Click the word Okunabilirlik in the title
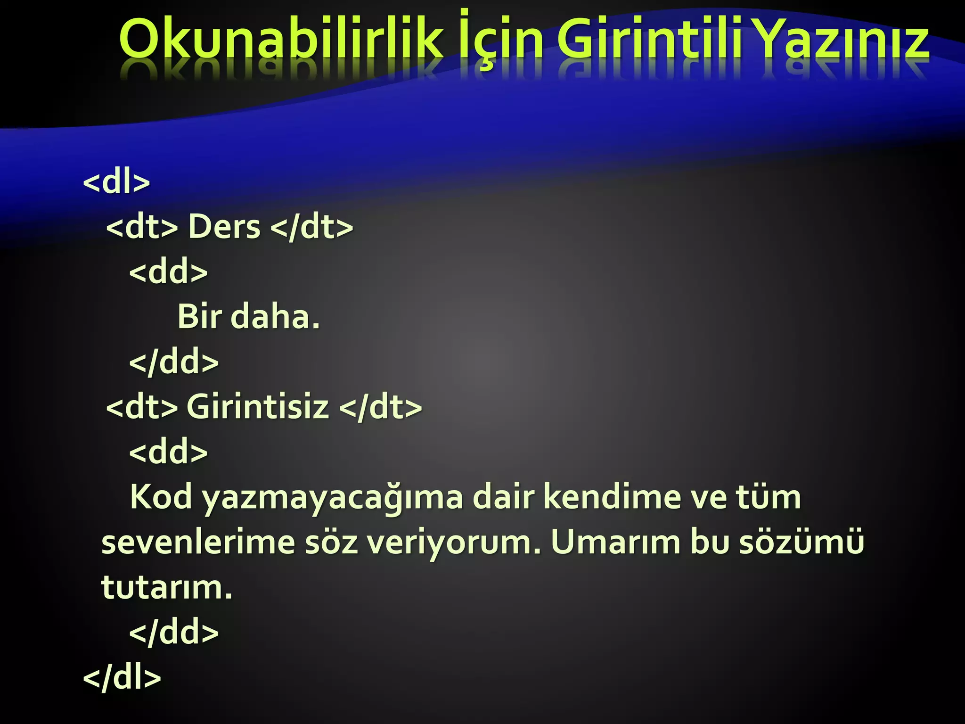coord(281,40)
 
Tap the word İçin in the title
coord(500,40)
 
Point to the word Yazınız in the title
coord(843,40)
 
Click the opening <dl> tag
coord(116,181)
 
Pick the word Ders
coord(224,227)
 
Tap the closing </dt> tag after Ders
coord(312,227)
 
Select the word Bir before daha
coord(199,316)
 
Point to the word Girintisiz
coord(258,406)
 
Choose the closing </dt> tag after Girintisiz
coord(380,406)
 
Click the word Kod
coord(161,497)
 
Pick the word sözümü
coord(801,542)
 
